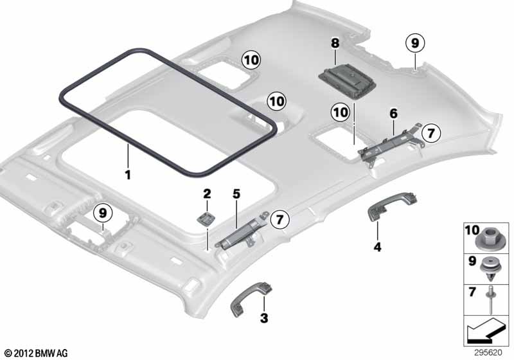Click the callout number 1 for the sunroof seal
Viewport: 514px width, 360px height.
pos(128,174)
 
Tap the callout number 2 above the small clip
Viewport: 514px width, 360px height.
pos(207,194)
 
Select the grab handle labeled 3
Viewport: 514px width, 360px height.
pos(252,300)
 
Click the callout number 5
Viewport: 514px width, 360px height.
pos(236,194)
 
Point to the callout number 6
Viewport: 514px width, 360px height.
pos(393,114)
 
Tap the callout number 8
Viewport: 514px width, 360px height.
pos(335,43)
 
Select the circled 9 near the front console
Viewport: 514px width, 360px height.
pos(103,213)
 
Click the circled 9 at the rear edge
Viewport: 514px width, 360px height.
pos(415,43)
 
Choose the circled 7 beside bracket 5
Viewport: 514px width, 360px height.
pos(279,219)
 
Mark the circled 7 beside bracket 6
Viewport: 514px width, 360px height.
pos(430,133)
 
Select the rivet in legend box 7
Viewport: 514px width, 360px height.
pos(491,300)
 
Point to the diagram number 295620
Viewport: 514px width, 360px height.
pos(488,352)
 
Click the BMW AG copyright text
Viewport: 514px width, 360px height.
pos(37,353)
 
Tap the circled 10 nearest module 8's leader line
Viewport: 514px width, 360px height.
pos(341,113)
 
